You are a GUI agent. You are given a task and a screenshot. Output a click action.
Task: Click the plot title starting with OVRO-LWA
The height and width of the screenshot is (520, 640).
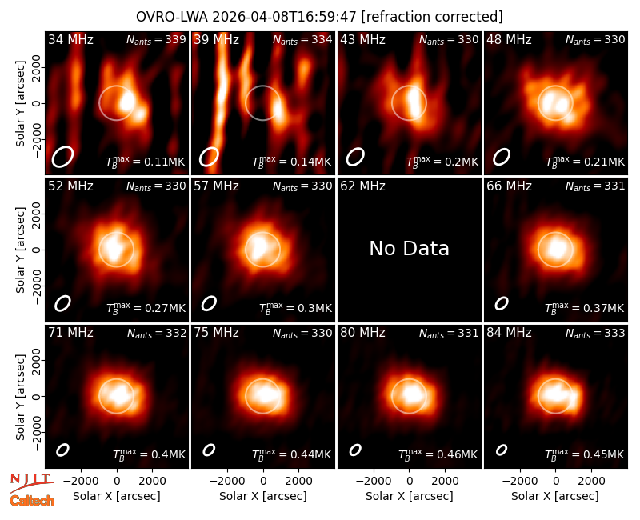[319, 17]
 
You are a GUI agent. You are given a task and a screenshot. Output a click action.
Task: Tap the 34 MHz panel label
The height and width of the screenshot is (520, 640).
[70, 39]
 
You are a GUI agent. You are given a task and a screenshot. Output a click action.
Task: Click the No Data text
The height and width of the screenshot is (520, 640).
[409, 248]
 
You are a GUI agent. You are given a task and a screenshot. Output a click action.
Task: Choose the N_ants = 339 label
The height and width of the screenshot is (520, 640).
[156, 39]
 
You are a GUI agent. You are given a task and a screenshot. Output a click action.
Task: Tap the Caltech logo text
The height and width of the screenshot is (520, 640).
[32, 501]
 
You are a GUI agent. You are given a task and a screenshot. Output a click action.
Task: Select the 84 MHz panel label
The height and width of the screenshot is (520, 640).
[509, 333]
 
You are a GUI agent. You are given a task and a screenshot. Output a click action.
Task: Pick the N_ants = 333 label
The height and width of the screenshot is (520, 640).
[595, 333]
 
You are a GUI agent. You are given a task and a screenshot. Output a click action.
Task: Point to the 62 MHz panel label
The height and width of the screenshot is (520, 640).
[362, 186]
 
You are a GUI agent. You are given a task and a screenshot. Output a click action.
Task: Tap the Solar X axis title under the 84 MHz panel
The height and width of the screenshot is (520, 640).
[554, 496]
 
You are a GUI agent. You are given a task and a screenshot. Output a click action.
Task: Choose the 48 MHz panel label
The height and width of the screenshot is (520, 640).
[509, 39]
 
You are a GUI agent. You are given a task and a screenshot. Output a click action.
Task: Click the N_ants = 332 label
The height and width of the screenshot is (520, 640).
[157, 333]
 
